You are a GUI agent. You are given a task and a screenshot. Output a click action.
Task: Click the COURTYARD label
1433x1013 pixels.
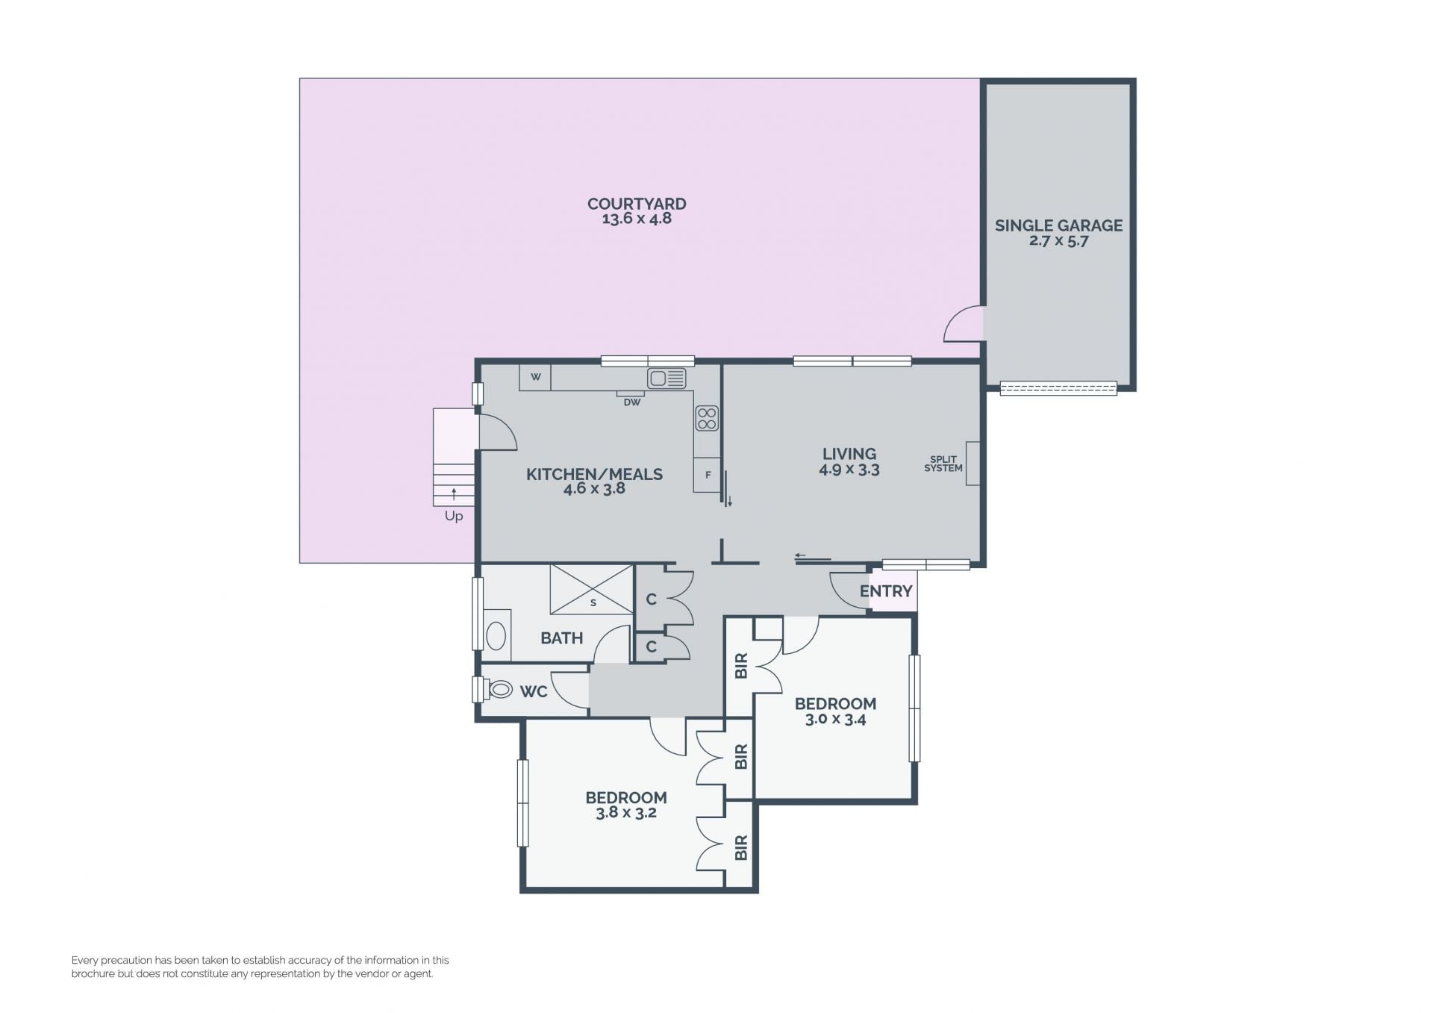tap(637, 204)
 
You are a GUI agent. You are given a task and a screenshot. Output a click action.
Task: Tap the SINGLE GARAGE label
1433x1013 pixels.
tap(1058, 225)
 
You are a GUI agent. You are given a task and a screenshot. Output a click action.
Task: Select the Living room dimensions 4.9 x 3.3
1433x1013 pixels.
tap(849, 470)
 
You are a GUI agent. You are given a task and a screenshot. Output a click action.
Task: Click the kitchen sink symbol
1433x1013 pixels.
tap(666, 378)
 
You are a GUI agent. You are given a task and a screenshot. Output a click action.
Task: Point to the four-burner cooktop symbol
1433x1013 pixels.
tap(707, 419)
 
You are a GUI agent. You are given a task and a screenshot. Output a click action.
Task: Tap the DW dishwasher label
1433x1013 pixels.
tap(632, 402)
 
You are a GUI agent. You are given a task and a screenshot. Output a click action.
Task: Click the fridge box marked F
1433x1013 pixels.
tap(708, 475)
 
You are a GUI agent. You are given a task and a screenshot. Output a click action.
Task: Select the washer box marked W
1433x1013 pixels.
tap(535, 377)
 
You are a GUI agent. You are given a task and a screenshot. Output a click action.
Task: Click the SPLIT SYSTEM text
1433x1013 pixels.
tap(943, 464)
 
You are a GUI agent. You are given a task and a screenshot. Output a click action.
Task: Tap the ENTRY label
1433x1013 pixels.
tap(886, 591)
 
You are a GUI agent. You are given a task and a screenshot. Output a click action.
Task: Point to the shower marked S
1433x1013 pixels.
tap(592, 590)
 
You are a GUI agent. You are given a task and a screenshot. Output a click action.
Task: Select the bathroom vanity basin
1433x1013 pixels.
tap(496, 636)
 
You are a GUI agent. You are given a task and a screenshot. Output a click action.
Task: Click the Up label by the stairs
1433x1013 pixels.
tap(454, 516)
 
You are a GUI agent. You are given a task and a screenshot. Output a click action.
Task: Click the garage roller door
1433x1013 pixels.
tap(1058, 388)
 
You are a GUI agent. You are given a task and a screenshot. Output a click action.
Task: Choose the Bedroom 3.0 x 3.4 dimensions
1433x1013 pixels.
tap(835, 720)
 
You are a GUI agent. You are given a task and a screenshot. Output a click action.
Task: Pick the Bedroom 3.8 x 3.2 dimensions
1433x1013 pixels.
tap(626, 813)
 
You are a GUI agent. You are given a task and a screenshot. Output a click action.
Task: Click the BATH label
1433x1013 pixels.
tap(562, 638)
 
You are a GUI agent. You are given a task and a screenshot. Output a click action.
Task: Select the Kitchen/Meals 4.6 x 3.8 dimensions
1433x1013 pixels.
tap(594, 489)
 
